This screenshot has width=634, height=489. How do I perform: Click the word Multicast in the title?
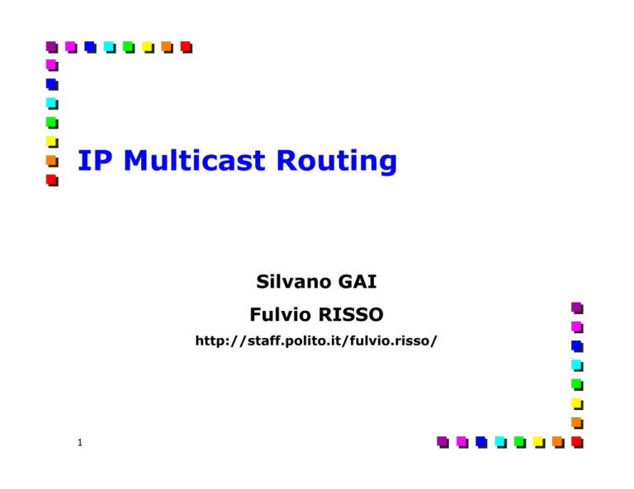[194, 160]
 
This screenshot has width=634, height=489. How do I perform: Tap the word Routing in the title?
[337, 162]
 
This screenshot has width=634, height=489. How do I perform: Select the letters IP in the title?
[95, 160]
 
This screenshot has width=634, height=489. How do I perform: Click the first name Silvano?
[295, 281]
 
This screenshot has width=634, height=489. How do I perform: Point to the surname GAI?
[357, 281]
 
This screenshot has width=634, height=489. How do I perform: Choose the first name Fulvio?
[277, 314]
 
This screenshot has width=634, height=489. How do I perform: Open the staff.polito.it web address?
[316, 341]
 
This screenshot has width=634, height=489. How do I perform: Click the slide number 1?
[80, 443]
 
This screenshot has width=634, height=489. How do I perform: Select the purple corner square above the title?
[52, 47]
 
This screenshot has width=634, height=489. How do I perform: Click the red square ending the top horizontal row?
[186, 47]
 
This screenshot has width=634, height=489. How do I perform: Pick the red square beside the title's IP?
[52, 180]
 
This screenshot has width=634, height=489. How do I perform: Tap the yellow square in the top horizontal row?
[148, 47]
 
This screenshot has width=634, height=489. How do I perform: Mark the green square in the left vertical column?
[52, 123]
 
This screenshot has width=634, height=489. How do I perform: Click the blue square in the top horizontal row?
[90, 47]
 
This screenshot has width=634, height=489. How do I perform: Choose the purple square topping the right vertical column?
[577, 308]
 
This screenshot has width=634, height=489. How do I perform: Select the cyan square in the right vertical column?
[577, 365]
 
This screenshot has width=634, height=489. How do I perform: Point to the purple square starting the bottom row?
[442, 442]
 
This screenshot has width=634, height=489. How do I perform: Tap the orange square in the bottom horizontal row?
[558, 442]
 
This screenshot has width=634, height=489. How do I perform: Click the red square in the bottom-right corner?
[577, 442]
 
